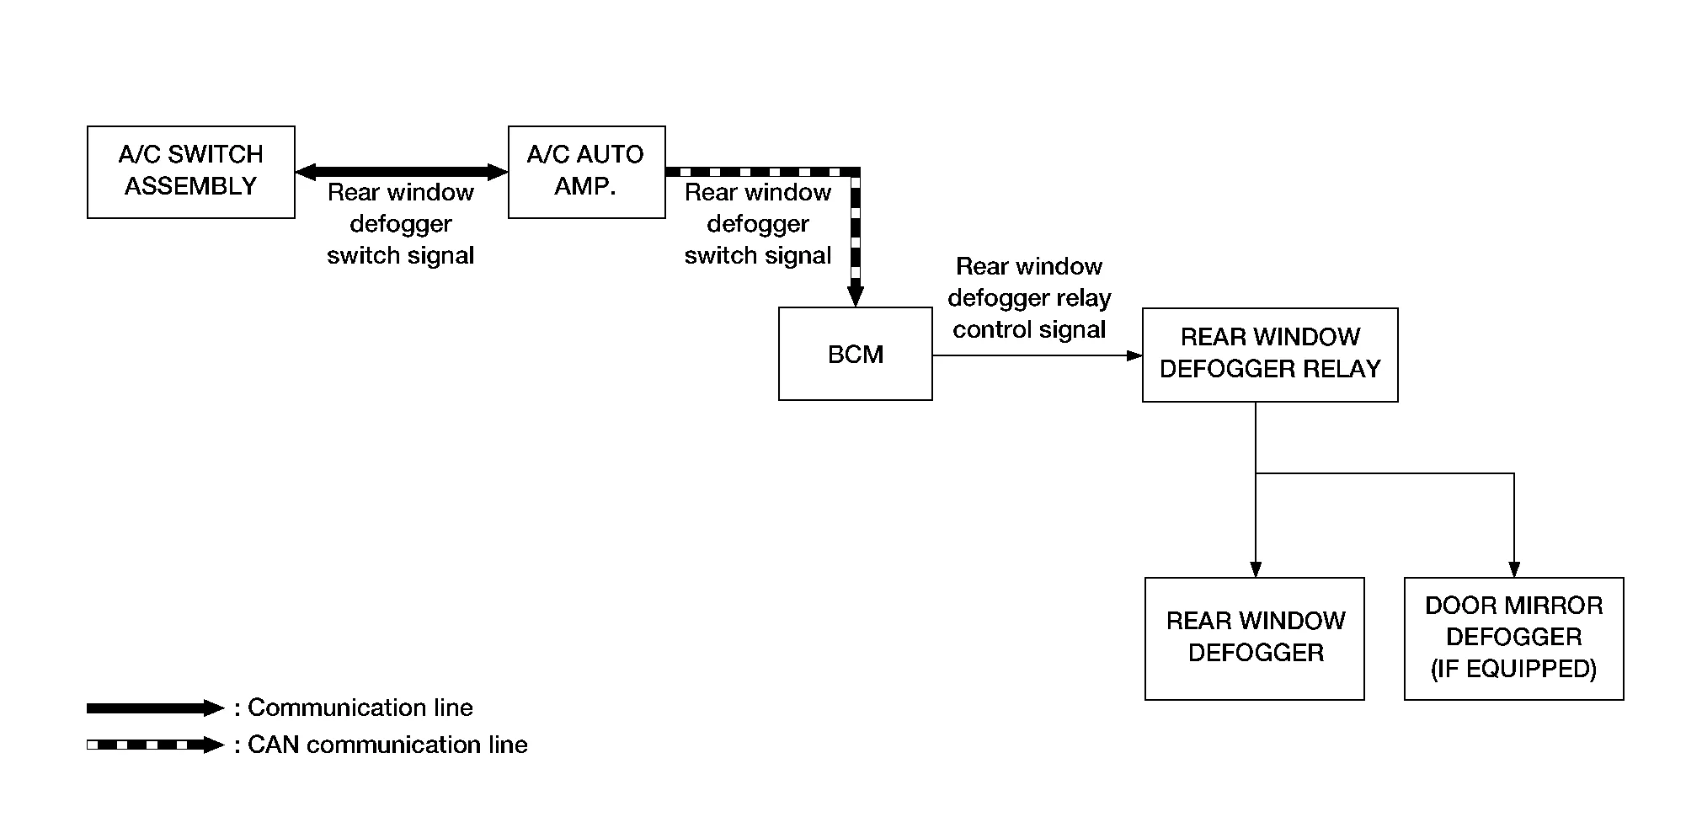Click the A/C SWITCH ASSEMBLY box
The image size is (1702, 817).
(x=191, y=172)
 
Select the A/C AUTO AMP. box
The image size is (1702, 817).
(x=586, y=172)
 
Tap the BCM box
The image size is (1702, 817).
(x=855, y=354)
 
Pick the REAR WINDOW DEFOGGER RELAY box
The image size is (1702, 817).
(x=1269, y=355)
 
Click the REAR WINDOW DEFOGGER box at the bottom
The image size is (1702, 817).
(x=1254, y=638)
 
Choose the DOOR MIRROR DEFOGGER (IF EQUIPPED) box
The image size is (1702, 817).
(x=1513, y=638)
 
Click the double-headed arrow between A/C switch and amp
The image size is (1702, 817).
(x=402, y=172)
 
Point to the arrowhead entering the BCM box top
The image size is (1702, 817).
(x=856, y=296)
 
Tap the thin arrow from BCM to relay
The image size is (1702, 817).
(x=1036, y=355)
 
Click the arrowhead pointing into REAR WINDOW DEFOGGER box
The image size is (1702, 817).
(x=1256, y=569)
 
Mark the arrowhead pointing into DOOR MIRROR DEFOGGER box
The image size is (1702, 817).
(x=1514, y=569)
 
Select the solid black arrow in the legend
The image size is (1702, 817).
(x=155, y=708)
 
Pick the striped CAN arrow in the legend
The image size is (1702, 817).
(x=155, y=745)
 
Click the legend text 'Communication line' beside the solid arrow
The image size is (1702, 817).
(x=360, y=708)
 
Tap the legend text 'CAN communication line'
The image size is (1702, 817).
(x=387, y=745)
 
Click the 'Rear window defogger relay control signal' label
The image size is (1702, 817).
(x=1029, y=298)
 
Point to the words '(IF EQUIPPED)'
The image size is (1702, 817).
(x=1513, y=669)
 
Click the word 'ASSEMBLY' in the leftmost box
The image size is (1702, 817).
(x=191, y=186)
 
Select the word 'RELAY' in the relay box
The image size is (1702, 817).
(x=1347, y=369)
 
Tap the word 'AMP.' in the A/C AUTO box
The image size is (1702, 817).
(x=585, y=186)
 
